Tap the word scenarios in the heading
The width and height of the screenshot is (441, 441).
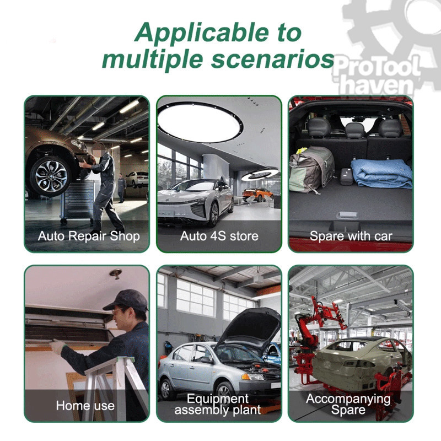coord(273,60)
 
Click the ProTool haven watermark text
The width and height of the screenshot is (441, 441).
coord(376,76)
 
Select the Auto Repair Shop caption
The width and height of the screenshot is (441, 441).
coord(89,236)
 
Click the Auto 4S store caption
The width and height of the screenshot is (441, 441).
coord(219,236)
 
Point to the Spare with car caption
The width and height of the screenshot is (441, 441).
coord(351,236)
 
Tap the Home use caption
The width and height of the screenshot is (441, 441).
coord(85,406)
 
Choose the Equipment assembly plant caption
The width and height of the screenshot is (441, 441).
coord(217,404)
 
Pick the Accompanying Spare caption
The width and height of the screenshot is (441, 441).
coord(348,404)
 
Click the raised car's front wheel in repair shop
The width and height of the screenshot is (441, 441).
coord(51,176)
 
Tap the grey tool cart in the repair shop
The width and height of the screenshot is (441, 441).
coord(77,202)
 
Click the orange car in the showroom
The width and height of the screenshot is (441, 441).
coord(257,195)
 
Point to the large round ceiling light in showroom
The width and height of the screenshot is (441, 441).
coord(200,121)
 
